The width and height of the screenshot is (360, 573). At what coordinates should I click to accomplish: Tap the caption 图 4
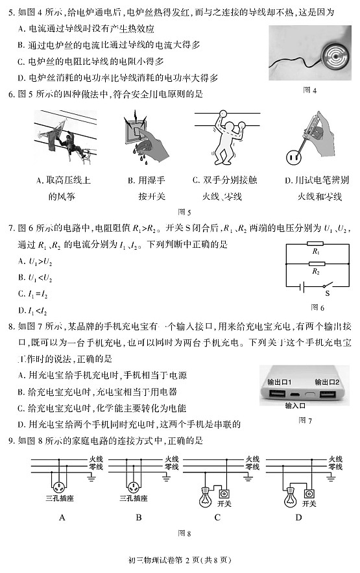pos(309,91)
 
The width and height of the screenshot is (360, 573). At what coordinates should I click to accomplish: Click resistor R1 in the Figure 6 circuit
pos(316,250)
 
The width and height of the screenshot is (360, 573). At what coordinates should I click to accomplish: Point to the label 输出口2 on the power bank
pos(327,382)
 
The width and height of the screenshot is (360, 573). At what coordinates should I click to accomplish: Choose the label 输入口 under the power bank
pos(295,406)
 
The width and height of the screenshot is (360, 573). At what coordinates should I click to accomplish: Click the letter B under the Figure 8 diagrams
pos(138,517)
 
